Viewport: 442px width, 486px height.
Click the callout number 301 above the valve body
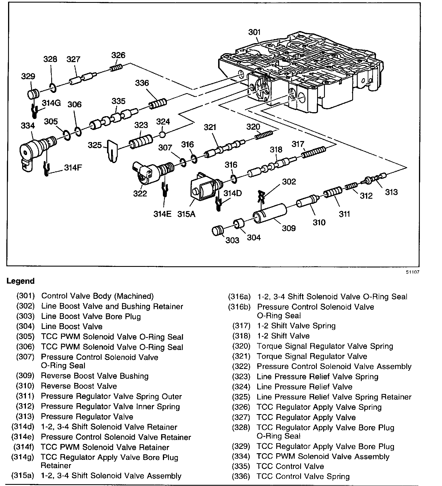pyautogui.click(x=254, y=32)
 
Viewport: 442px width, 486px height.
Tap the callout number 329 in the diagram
pyautogui.click(x=28, y=76)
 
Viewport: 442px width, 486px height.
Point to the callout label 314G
pyautogui.click(x=51, y=103)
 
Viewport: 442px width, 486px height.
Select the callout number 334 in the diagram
pyautogui.click(x=28, y=126)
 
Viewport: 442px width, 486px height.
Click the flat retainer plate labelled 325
pyautogui.click(x=113, y=150)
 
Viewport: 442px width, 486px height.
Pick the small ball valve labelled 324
pyautogui.click(x=162, y=134)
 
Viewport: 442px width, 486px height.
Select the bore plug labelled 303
pyautogui.click(x=218, y=231)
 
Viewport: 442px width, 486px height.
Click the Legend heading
pyautogui.click(x=20, y=281)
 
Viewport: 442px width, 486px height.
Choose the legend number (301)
pyautogui.click(x=25, y=296)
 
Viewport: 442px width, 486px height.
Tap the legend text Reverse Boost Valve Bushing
pyautogui.click(x=95, y=376)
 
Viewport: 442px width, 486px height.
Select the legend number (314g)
pyautogui.click(x=22, y=457)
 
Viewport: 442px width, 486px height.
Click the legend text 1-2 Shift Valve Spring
pyautogui.click(x=296, y=326)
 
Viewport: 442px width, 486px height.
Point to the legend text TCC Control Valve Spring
pyautogui.click(x=303, y=476)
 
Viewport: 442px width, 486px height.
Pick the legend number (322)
pyautogui.click(x=241, y=366)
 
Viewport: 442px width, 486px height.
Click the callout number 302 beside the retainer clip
pyautogui.click(x=289, y=181)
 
